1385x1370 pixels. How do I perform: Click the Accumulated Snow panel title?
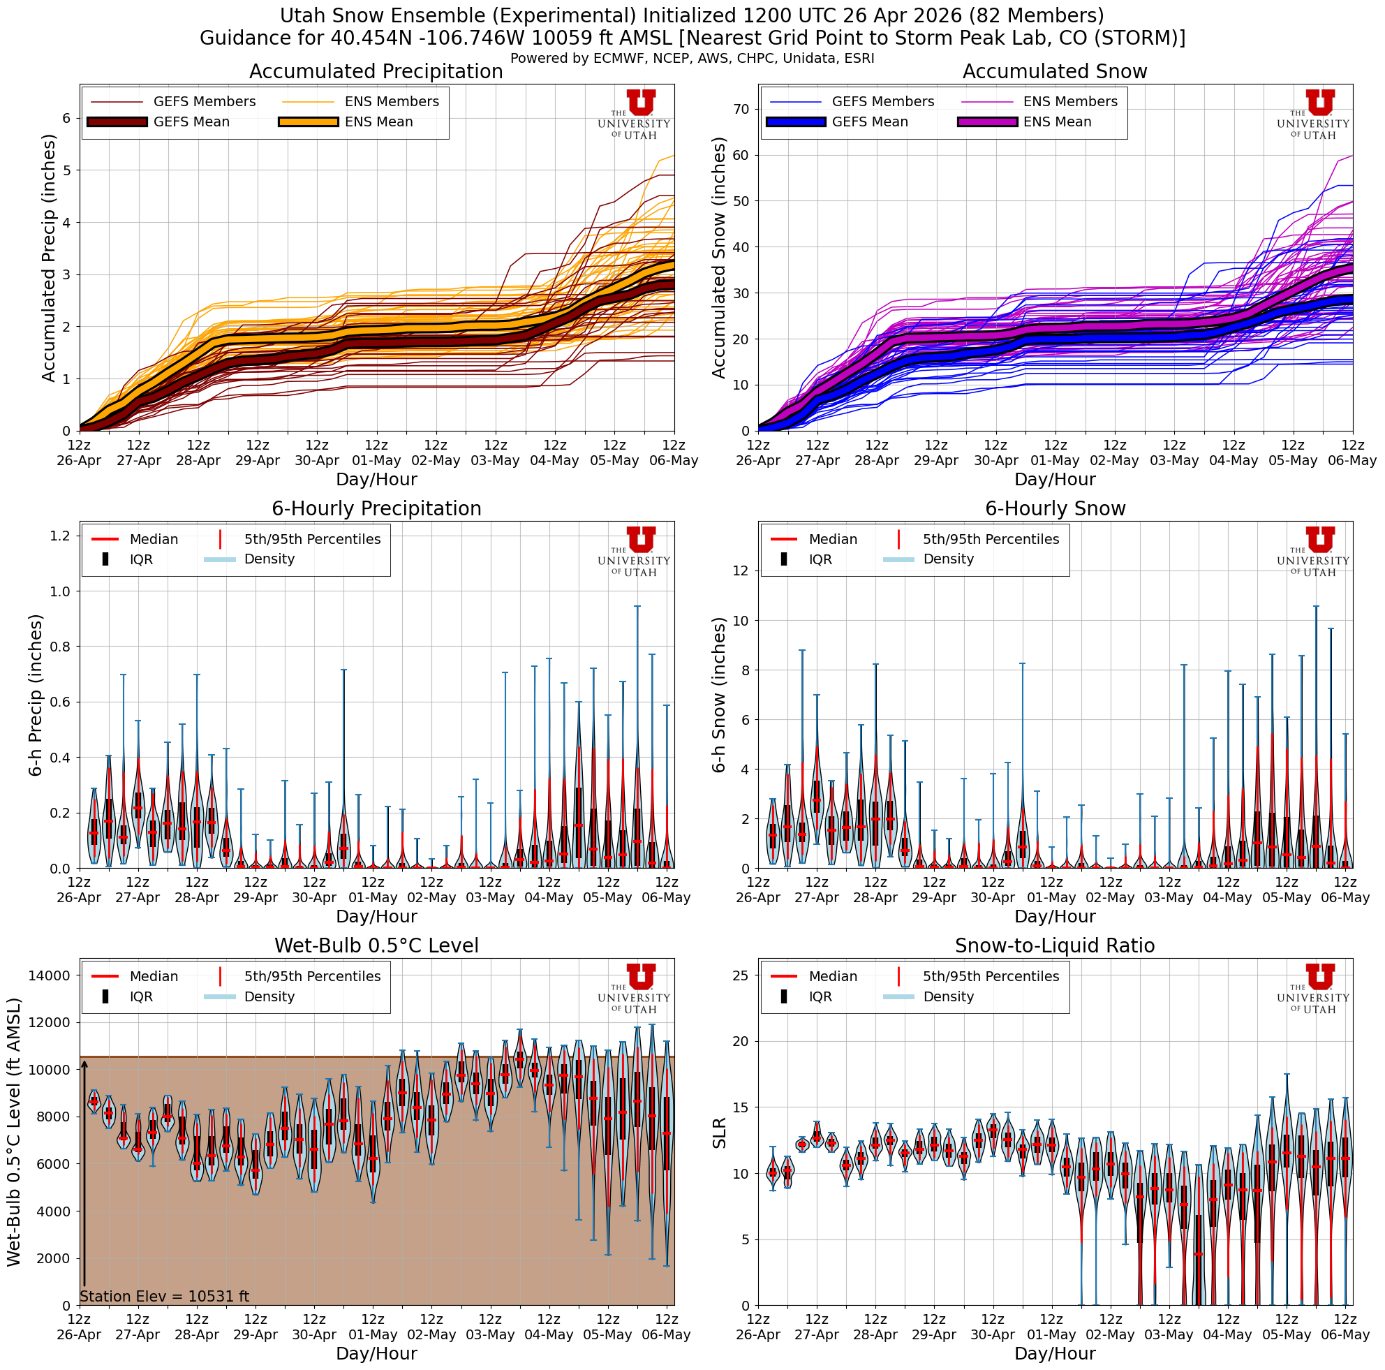[x=1055, y=72]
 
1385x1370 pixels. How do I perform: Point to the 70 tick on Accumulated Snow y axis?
[x=741, y=109]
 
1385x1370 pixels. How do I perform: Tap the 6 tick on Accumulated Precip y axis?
[x=67, y=118]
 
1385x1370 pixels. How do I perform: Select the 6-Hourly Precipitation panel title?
[x=376, y=509]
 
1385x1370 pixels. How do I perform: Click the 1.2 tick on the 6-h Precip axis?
[x=60, y=536]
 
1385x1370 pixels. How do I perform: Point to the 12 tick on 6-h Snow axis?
[x=741, y=570]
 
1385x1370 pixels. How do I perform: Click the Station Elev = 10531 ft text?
[x=164, y=1296]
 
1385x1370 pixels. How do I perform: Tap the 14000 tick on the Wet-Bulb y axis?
[x=49, y=975]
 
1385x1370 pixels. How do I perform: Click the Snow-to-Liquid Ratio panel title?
[x=1055, y=945]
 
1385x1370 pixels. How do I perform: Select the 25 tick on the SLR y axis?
[x=741, y=975]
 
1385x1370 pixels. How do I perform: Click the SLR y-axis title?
[x=720, y=1133]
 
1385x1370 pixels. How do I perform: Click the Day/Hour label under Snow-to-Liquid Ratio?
[x=1055, y=1353]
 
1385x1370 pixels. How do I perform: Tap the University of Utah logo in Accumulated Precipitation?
[x=634, y=115]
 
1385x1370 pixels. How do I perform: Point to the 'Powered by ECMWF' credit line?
[x=692, y=59]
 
